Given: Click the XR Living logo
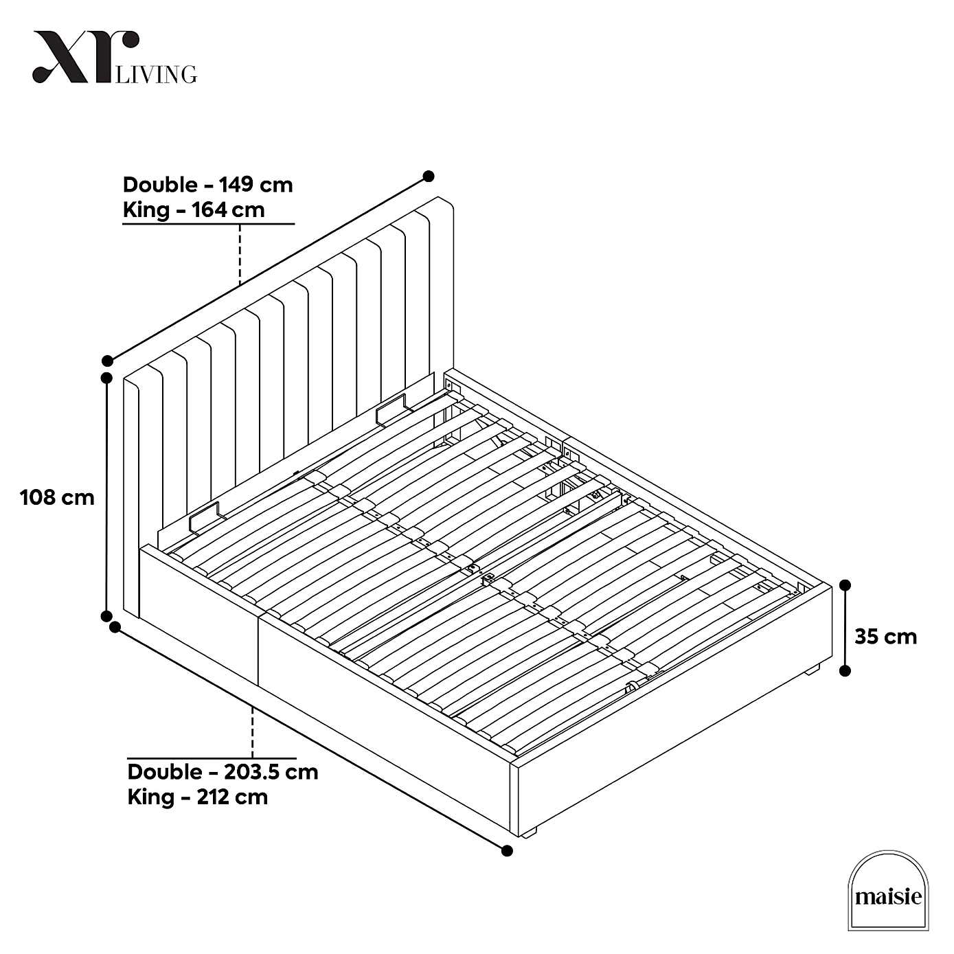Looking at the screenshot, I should pos(114,58).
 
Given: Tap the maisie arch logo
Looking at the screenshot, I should pos(888,891).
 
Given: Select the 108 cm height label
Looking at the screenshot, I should pos(57,497).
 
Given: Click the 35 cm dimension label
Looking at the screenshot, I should pos(885,637).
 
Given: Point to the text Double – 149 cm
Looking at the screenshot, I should pos(207,185).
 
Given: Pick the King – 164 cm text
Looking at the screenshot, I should pos(194,209).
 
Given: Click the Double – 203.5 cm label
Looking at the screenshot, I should pos(223,771).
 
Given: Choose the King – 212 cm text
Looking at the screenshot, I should pos(198,797).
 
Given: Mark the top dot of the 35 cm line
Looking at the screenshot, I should pos(845,585).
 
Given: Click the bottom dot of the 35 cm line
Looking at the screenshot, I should pos(845,670).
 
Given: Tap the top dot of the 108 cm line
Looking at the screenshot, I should pos(106,378).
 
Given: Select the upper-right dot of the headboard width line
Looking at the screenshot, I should pos(429,177).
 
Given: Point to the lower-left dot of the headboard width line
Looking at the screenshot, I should pos(107,361).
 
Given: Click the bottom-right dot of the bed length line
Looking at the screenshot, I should pos(507,851).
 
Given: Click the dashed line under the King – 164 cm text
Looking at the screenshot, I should pos(240,254).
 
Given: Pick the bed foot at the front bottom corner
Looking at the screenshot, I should pos(527,833).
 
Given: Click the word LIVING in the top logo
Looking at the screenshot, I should pos(157,73).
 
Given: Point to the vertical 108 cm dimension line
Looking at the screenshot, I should pos(106,495).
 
